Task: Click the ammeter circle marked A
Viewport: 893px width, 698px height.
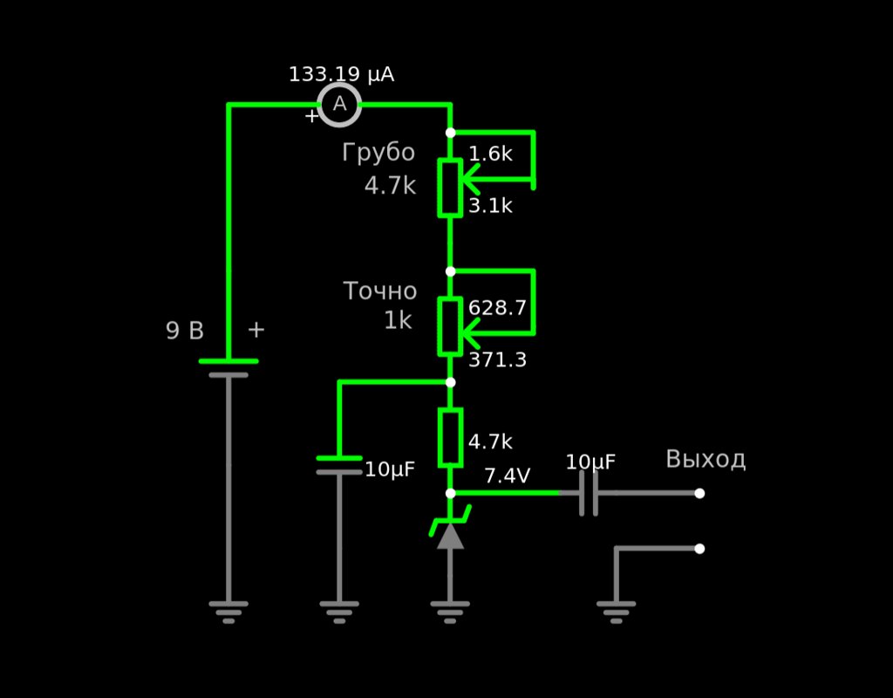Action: tap(339, 105)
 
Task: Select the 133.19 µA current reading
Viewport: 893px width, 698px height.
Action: tap(341, 75)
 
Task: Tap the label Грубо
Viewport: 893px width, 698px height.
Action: tap(378, 153)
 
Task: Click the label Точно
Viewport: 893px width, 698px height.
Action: tap(380, 291)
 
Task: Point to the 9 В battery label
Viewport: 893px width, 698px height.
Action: tap(185, 331)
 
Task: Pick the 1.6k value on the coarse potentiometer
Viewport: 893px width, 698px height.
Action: tap(490, 154)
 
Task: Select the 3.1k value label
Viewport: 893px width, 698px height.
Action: tap(490, 206)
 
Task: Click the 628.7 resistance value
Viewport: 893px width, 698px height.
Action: tap(497, 308)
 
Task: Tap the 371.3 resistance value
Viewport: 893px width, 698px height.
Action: tap(497, 360)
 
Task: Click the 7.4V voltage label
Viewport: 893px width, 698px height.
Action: tap(507, 476)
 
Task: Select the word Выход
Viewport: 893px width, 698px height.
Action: tap(706, 459)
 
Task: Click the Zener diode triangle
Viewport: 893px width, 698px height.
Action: tap(450, 536)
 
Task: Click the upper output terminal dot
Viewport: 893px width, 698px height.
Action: tap(699, 494)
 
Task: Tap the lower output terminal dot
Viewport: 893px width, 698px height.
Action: tap(699, 549)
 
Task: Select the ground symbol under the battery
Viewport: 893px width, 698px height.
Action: tap(228, 612)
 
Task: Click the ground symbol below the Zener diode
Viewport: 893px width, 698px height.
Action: tap(450, 612)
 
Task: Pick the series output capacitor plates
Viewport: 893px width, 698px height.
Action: tap(589, 494)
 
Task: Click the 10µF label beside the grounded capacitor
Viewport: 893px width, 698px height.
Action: tap(390, 469)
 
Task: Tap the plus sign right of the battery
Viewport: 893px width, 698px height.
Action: tap(256, 330)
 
